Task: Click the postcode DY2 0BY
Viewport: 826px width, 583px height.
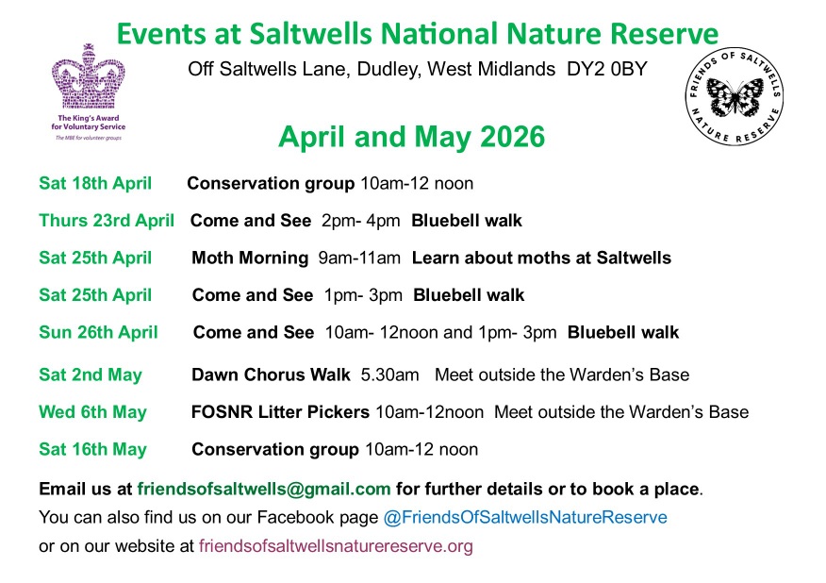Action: (600, 69)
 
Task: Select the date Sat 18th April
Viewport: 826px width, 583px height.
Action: (95, 183)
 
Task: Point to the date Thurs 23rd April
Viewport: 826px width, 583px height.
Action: (107, 221)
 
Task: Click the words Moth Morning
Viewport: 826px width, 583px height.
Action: (250, 258)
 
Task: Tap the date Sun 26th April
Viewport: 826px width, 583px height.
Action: (98, 332)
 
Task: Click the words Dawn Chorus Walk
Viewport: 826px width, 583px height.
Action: (272, 375)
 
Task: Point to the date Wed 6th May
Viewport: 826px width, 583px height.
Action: (92, 412)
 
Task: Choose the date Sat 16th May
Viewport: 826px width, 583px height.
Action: (92, 450)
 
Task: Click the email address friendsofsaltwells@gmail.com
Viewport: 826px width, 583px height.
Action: (263, 489)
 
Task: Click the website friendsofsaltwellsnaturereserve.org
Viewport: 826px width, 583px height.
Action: (336, 545)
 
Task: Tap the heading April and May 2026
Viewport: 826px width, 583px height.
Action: (411, 138)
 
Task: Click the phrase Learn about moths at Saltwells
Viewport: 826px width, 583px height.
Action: (541, 258)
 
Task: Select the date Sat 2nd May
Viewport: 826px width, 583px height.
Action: (91, 375)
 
